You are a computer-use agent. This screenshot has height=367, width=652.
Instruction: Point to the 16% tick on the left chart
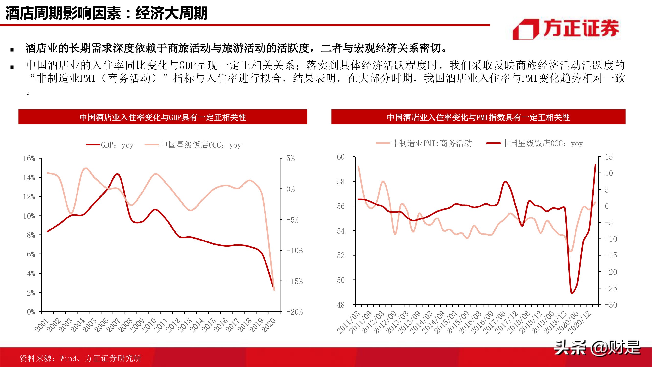(29, 159)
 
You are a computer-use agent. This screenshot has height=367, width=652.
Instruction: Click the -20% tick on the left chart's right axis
(294, 312)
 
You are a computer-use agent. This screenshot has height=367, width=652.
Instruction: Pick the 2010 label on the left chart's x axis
(149, 325)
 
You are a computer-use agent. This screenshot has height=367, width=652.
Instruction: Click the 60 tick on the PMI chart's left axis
(341, 157)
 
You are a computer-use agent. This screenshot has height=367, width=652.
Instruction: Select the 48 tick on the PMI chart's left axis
(341, 305)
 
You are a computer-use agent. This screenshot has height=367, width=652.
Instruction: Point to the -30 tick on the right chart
(611, 305)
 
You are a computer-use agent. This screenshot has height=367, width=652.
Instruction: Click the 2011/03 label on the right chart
(348, 322)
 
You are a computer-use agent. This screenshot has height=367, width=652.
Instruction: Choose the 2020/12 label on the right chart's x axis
(580, 322)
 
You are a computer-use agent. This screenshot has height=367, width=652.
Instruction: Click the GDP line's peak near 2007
(117, 174)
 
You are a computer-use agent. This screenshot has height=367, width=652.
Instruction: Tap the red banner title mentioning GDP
(163, 117)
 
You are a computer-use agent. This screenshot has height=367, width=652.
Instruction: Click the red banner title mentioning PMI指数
(478, 117)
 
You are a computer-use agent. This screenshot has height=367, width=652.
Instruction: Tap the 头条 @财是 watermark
(597, 348)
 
